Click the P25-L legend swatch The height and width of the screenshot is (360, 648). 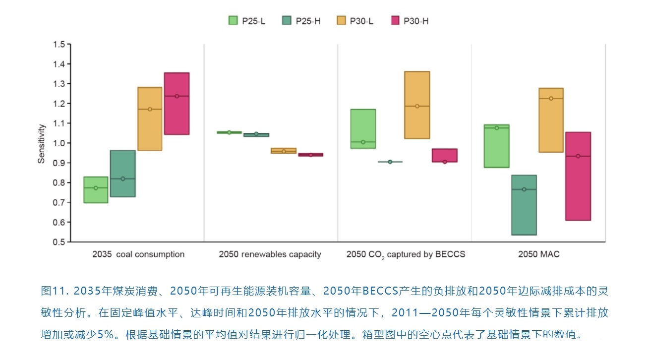click(x=233, y=20)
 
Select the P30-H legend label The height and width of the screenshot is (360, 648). click(x=416, y=21)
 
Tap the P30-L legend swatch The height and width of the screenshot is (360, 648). click(x=341, y=20)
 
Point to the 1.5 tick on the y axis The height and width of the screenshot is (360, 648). click(x=59, y=45)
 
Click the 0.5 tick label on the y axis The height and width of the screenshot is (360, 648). click(x=59, y=242)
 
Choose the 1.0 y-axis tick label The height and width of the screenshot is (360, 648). click(x=59, y=143)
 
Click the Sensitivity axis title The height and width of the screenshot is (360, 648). click(x=42, y=144)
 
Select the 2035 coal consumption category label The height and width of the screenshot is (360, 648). click(x=138, y=254)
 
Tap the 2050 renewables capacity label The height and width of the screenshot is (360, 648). click(x=270, y=254)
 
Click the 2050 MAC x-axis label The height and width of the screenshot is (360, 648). click(x=538, y=254)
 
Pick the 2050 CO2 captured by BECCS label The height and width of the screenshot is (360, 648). click(x=406, y=254)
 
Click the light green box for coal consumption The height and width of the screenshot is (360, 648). click(x=96, y=190)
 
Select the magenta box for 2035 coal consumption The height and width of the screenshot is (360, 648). click(x=177, y=103)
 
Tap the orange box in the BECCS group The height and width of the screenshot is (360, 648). click(x=417, y=105)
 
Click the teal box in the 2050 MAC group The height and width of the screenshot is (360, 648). click(x=524, y=205)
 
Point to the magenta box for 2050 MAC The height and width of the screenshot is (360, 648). click(x=578, y=176)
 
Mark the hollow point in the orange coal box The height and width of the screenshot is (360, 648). click(x=150, y=109)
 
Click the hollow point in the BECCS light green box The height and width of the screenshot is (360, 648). click(x=363, y=142)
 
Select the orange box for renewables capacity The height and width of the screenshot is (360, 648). click(x=284, y=151)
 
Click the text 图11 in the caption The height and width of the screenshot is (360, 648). click(x=51, y=291)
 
